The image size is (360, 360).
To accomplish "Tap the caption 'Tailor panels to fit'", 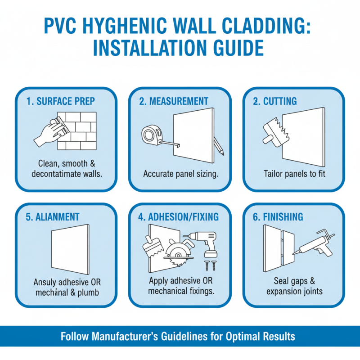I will (x=293, y=174).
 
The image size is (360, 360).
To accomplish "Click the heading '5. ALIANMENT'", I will (x=53, y=217).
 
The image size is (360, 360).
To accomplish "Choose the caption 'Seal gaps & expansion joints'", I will (x=294, y=286).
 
